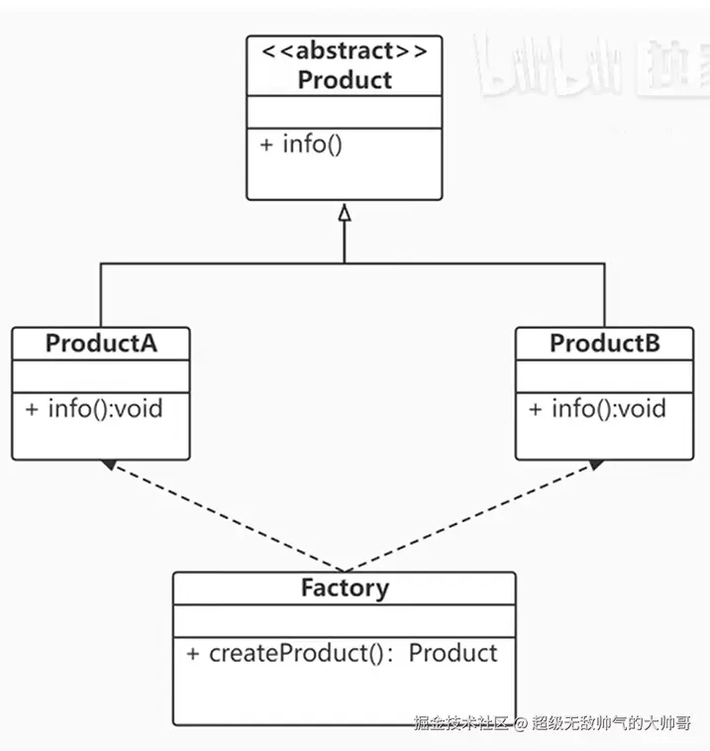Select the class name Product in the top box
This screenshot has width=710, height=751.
[345, 80]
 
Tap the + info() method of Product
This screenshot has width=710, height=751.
[301, 144]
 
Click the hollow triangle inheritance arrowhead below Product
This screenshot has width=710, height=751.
[345, 212]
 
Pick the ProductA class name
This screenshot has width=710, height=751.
[101, 344]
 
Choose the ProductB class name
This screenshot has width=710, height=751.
[605, 344]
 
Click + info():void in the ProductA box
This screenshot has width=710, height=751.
[94, 408]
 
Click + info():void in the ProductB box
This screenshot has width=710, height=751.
[597, 408]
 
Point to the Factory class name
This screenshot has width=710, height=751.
[345, 588]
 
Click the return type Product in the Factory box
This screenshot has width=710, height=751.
[453, 653]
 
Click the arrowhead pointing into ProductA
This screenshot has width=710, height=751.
[108, 464]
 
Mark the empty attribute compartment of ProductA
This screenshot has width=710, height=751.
[101, 376]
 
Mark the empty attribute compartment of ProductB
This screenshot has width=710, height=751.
[605, 376]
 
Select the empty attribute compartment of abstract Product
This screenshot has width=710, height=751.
[345, 112]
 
